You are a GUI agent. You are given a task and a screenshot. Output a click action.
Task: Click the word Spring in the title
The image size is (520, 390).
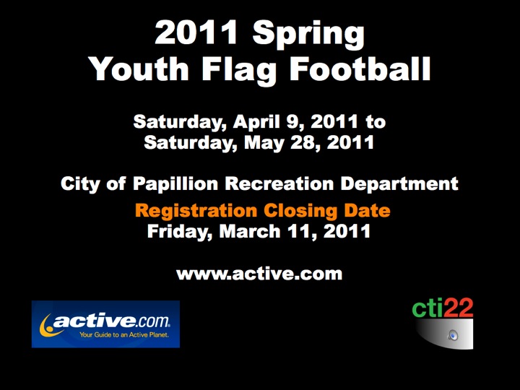click(308, 35)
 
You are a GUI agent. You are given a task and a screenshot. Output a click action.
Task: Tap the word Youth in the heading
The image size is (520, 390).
click(139, 69)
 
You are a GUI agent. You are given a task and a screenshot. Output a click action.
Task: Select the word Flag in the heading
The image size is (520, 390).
click(239, 71)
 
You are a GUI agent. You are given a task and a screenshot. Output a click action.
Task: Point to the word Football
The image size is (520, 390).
click(360, 69)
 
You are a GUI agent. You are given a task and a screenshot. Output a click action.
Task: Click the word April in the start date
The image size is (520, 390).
click(256, 123)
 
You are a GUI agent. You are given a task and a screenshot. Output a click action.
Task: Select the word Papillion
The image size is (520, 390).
click(175, 184)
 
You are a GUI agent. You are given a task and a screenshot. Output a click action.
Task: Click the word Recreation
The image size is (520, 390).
click(279, 183)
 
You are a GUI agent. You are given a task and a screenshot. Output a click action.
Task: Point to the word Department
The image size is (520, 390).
click(399, 184)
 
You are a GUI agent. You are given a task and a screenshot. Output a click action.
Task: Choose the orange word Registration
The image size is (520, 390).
click(196, 212)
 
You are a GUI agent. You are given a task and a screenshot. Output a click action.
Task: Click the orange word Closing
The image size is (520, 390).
click(300, 212)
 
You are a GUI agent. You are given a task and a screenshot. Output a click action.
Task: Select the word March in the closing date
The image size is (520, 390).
click(250, 231)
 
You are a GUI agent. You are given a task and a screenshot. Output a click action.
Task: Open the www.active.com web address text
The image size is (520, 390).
click(259, 274)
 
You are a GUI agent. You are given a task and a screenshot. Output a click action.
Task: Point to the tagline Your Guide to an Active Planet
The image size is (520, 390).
click(124, 335)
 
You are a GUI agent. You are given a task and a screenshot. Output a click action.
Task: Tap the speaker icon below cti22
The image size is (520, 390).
click(452, 335)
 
